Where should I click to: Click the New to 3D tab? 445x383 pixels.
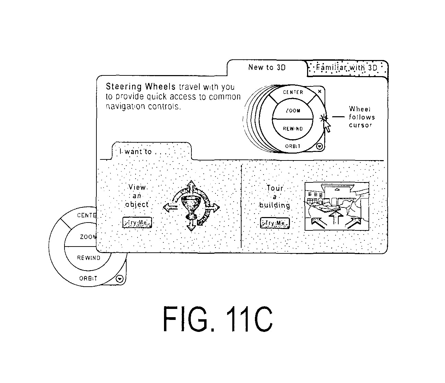click(267, 68)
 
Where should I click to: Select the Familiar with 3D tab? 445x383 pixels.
click(347, 68)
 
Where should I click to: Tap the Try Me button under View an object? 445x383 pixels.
click(137, 222)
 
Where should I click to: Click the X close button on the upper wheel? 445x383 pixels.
click(320, 91)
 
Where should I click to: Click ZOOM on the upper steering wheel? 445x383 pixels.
click(293, 111)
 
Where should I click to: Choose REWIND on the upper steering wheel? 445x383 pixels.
click(293, 129)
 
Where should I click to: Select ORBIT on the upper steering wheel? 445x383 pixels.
click(293, 146)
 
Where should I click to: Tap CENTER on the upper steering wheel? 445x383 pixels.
click(293, 92)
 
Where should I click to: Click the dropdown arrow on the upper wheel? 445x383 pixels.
click(319, 146)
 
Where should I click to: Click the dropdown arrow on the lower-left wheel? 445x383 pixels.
click(119, 279)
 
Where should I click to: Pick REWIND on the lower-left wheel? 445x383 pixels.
click(89, 258)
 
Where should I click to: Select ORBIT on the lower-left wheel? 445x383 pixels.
click(88, 278)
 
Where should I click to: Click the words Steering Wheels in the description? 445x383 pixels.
click(141, 86)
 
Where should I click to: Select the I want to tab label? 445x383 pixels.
click(136, 152)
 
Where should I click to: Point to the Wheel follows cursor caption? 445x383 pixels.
click(362, 117)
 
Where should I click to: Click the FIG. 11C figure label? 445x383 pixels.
click(218, 319)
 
